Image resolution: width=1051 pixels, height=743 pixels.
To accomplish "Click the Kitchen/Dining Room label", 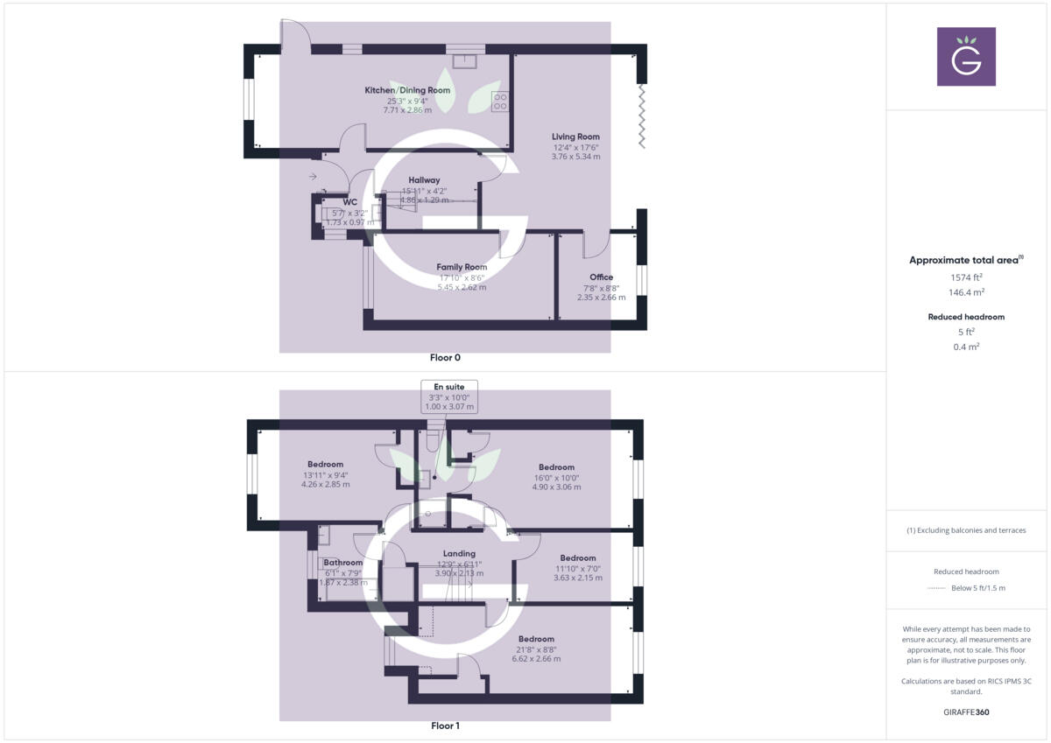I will click(x=407, y=90).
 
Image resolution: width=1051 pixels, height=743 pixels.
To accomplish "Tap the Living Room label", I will click(x=575, y=137).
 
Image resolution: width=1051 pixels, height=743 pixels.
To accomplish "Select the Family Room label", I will click(x=462, y=267).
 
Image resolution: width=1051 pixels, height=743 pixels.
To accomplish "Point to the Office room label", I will click(x=601, y=277).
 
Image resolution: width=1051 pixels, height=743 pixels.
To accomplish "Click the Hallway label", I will click(x=424, y=180).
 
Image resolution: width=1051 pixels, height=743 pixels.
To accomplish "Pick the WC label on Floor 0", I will click(x=350, y=202).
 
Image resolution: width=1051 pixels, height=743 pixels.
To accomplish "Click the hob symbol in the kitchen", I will click(x=500, y=101).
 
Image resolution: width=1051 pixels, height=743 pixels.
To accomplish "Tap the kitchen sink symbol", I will click(x=464, y=60).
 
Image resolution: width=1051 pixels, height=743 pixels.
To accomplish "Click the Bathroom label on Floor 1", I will click(x=342, y=563).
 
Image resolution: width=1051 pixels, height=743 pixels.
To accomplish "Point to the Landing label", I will click(x=459, y=553).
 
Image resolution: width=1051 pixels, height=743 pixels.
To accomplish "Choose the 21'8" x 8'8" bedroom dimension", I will click(x=536, y=649).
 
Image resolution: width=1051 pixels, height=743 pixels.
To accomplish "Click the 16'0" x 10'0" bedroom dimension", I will click(x=556, y=478).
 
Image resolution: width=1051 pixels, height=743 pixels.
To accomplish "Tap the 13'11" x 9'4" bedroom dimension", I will click(x=325, y=475).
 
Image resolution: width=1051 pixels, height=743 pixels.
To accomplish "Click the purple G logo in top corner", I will click(x=966, y=56).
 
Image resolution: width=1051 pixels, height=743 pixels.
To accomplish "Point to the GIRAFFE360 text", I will click(x=966, y=712).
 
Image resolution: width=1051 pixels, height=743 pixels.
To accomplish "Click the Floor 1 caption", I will click(x=445, y=725).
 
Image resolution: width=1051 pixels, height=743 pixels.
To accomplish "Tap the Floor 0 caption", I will click(x=445, y=357).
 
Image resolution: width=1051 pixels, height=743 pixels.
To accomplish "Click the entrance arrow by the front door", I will click(x=313, y=177).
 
